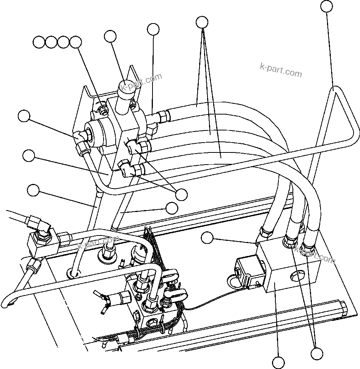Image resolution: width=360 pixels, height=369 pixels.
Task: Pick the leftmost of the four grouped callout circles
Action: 39,42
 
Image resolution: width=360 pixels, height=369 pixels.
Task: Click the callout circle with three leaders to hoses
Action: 203,22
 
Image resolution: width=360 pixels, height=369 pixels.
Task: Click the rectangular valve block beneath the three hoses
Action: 288,271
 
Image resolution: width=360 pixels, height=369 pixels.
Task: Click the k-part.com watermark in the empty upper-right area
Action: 281,70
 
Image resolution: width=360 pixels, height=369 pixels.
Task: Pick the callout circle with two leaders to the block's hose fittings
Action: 317,353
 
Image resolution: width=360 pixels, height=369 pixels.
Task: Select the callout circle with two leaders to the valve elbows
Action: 182,194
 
